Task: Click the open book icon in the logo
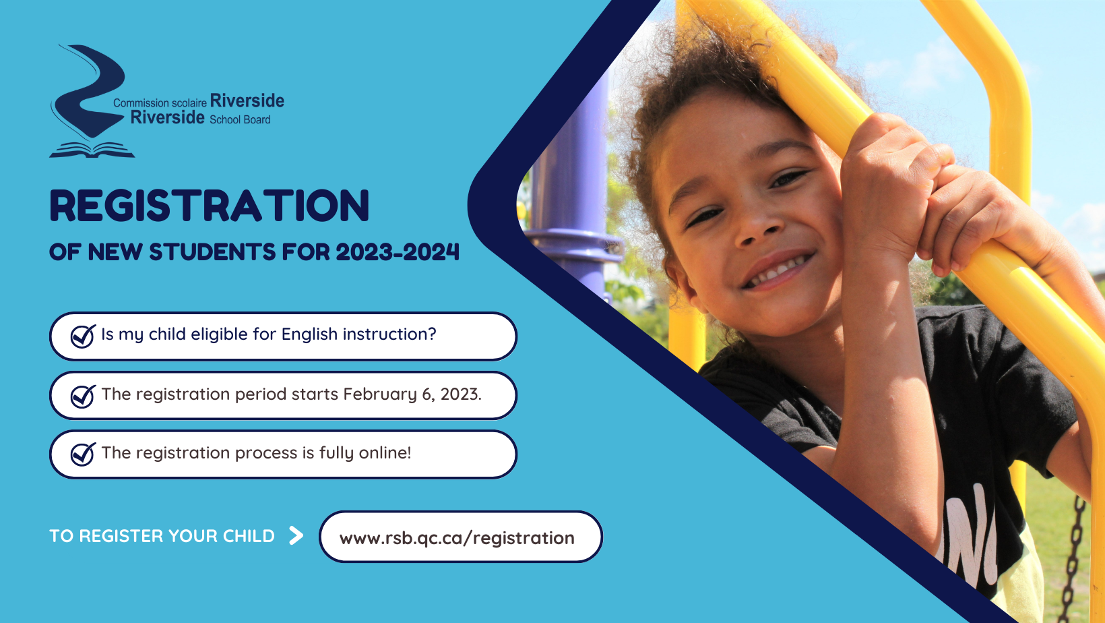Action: click(x=92, y=150)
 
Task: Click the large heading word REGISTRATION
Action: click(x=210, y=206)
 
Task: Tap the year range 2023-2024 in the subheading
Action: click(x=398, y=251)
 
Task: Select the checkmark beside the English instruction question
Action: click(x=83, y=336)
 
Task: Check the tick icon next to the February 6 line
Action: click(x=83, y=396)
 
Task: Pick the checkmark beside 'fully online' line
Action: click(x=83, y=454)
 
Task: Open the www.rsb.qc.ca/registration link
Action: click(x=457, y=537)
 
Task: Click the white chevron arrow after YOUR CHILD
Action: click(x=296, y=535)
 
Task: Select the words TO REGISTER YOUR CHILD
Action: click(x=162, y=536)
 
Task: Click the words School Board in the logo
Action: click(x=240, y=119)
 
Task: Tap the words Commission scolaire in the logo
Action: click(x=160, y=102)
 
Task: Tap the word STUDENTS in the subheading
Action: click(x=212, y=251)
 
